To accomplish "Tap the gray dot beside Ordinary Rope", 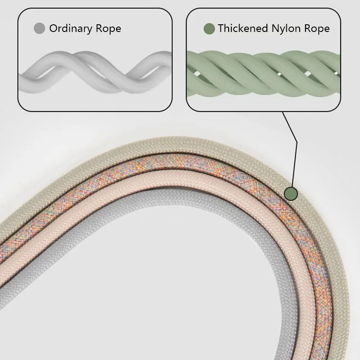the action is (40, 29).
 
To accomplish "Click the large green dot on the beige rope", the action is (291, 193).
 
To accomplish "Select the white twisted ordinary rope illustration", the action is (94, 70).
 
